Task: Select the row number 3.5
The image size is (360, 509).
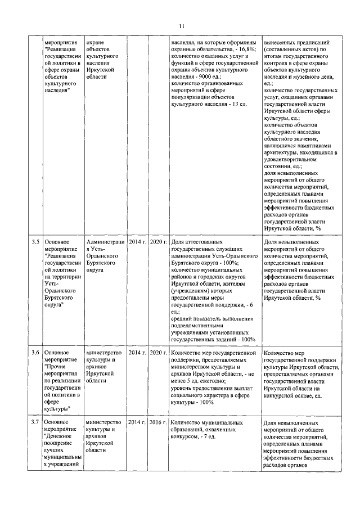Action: (35, 242)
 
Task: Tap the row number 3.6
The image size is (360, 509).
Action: (35, 353)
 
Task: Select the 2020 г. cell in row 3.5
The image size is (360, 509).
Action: (159, 242)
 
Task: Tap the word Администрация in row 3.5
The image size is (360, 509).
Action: (105, 242)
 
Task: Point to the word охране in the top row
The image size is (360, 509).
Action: (95, 42)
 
